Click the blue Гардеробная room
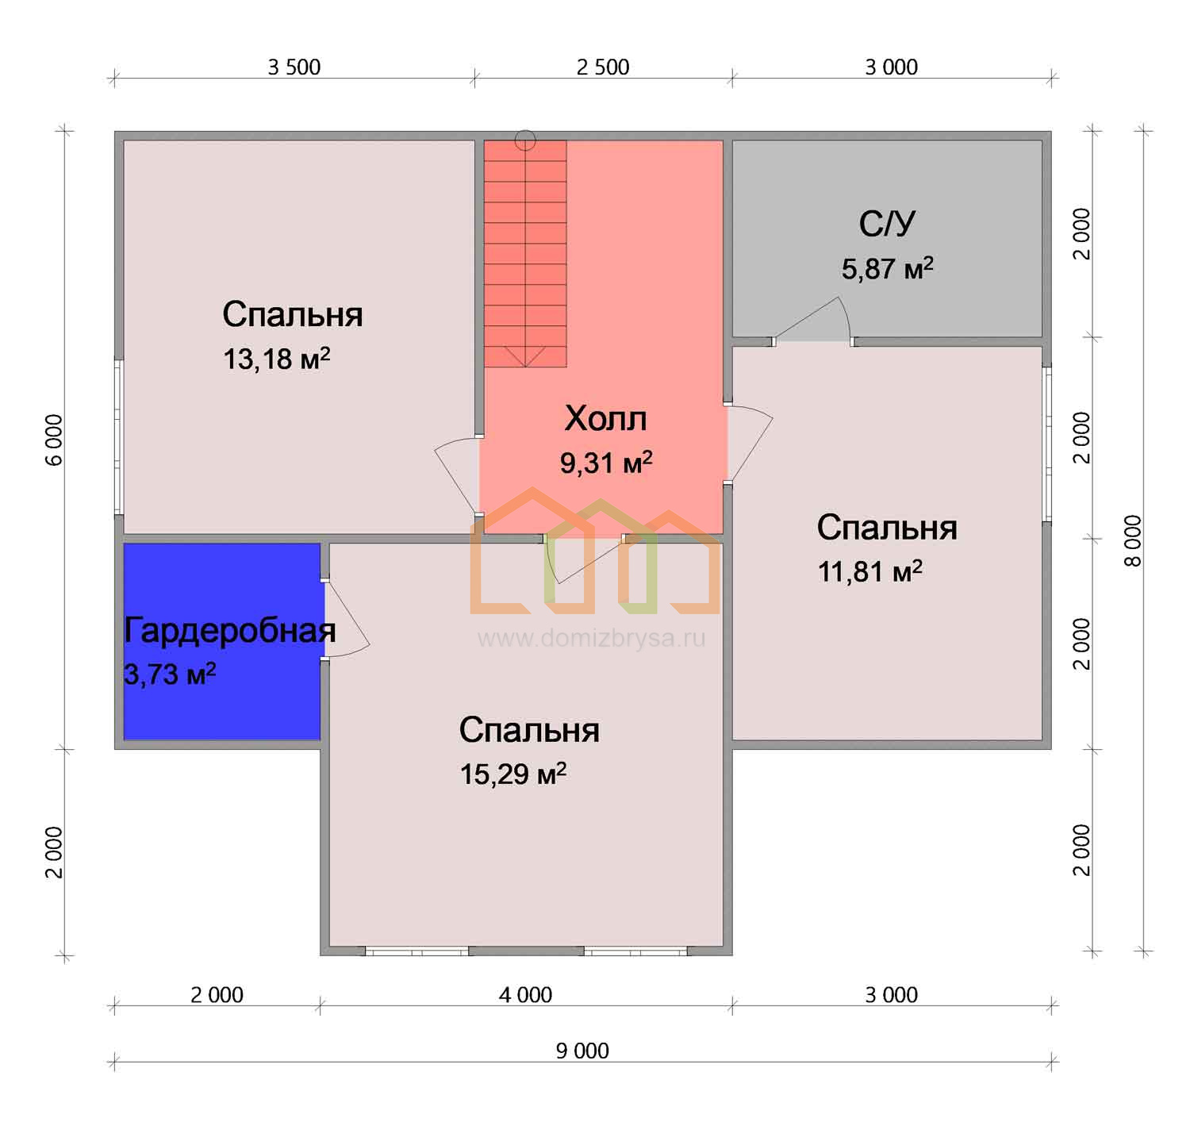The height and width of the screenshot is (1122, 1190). [221, 641]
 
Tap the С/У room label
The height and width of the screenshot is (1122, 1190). [887, 224]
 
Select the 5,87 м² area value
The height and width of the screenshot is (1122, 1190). [888, 269]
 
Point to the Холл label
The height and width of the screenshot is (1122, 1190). [605, 418]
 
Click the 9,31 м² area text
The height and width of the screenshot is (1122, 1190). [606, 463]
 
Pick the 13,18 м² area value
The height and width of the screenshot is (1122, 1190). [276, 359]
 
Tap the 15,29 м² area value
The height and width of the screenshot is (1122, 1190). [513, 774]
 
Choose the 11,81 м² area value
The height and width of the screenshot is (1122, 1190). [870, 571]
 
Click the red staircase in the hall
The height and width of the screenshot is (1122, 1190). [525, 254]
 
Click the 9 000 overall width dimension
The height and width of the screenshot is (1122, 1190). [582, 1051]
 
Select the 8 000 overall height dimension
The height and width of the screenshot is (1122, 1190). [1132, 541]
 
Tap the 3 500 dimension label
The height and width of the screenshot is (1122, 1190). [294, 67]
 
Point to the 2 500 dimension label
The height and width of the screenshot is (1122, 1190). [603, 67]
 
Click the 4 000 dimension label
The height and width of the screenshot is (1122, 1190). [525, 995]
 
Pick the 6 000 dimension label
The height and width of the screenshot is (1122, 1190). [54, 440]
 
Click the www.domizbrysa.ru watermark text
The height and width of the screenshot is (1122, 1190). [591, 638]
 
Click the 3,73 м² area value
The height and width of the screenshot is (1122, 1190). [170, 674]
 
